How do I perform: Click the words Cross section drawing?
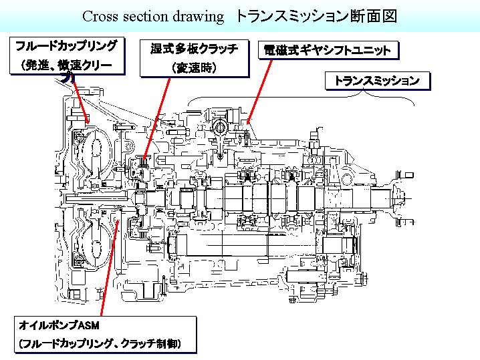point(152,16)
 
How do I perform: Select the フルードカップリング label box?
point(67,57)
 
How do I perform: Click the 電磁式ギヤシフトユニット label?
point(327,51)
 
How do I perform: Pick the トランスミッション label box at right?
point(376,81)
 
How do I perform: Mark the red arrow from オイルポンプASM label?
point(113,267)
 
